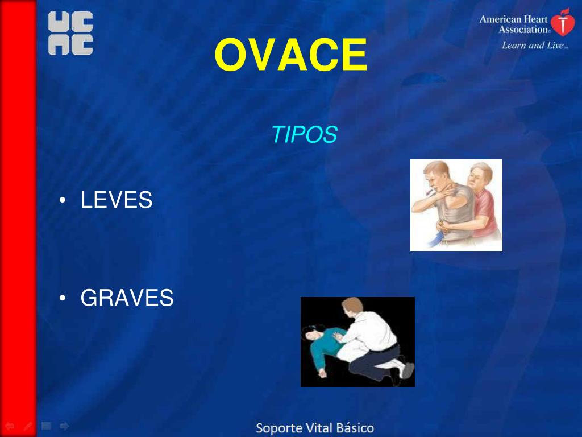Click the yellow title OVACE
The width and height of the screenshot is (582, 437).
tap(290, 55)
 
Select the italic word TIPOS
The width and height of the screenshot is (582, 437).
tap(304, 135)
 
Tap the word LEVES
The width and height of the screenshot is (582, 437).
tap(117, 200)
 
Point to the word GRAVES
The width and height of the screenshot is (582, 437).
tap(127, 298)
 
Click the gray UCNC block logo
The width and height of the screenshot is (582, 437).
tap(70, 34)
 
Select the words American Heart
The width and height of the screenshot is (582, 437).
tap(513, 19)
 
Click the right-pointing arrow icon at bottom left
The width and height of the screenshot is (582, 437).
tap(64, 426)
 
